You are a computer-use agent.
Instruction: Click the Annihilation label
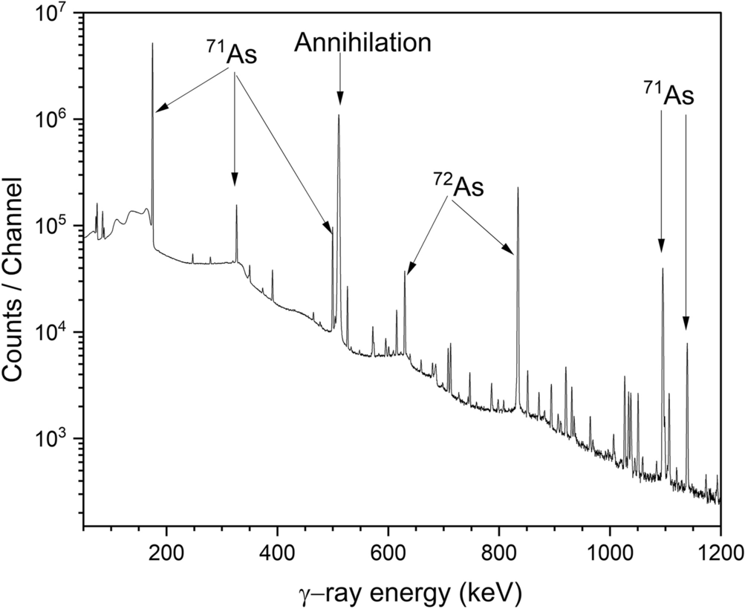pos(362,43)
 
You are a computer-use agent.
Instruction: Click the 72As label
pos(458,186)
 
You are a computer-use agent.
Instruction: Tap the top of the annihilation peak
pos(339,115)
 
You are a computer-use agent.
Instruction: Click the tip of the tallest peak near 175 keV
pos(152,44)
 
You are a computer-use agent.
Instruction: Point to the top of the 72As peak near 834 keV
pos(518,188)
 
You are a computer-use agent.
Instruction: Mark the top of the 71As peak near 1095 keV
pos(663,269)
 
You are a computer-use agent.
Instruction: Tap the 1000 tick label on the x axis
pos(609,553)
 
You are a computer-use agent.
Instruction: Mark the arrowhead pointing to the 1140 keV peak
pos(686,324)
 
